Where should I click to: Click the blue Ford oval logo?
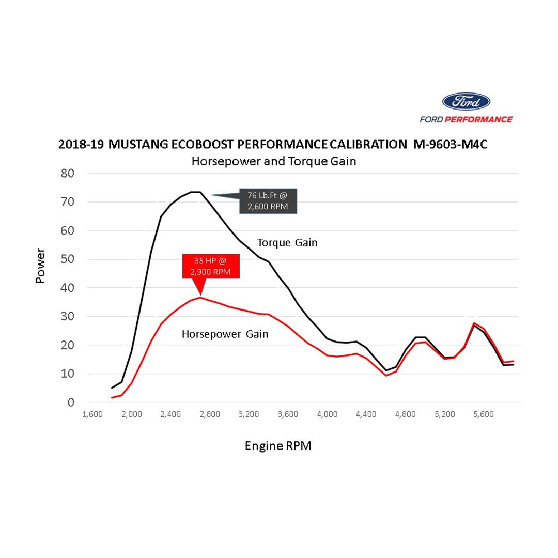(466, 101)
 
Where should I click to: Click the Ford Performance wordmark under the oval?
(466, 119)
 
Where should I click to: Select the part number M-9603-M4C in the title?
(450, 144)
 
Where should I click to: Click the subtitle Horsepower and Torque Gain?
(274, 161)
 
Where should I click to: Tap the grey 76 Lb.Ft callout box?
(268, 201)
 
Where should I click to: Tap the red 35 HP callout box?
(211, 266)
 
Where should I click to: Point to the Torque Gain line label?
(287, 242)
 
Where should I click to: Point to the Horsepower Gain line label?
(225, 334)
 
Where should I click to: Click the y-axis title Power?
(40, 266)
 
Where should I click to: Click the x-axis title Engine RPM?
(278, 446)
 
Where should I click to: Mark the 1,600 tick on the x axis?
(92, 414)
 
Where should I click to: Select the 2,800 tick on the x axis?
(210, 414)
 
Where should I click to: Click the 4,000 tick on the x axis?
(327, 414)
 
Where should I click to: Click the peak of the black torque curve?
(195, 192)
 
